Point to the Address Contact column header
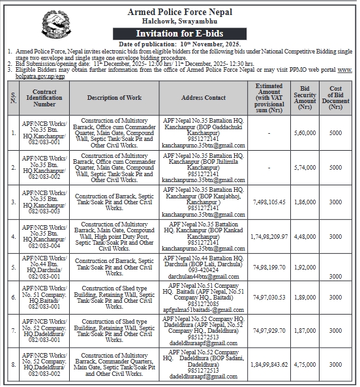pos(203,97)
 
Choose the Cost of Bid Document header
pos(336,97)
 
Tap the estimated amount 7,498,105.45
pos(269,203)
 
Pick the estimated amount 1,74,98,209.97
pos(269,236)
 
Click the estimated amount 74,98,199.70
pos(269,268)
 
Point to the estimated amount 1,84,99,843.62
pos(269,364)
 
